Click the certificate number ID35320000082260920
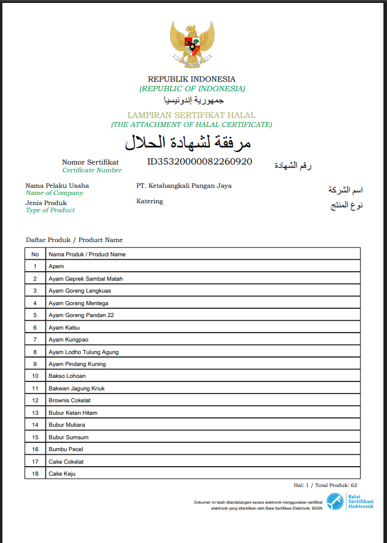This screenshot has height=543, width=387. point(199,162)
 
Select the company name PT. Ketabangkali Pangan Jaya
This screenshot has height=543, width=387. point(184,185)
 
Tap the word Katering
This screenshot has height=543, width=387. point(149,201)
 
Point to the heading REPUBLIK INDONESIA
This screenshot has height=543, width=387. point(191,79)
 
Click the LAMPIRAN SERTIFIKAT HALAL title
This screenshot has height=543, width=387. point(191,115)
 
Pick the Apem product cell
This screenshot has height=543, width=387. point(56,266)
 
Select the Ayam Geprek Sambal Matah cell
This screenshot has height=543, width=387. point(86,279)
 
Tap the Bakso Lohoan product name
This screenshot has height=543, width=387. point(67,376)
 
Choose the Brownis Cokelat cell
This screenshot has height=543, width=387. point(69,401)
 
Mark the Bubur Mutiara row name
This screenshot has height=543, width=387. point(66,425)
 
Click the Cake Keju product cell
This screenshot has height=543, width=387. point(62,474)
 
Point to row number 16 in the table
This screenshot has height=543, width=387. point(35,449)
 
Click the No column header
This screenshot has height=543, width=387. point(35,255)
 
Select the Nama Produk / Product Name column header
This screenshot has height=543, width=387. point(87,255)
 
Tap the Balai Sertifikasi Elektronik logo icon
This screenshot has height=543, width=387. point(335,501)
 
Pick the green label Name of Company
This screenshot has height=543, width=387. point(54,193)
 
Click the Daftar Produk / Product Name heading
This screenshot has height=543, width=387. point(74,240)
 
